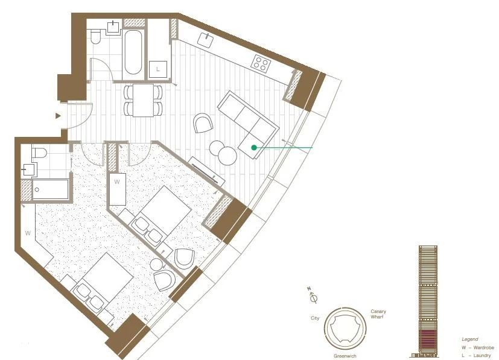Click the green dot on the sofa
tap(254, 147)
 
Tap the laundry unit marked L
tap(158, 69)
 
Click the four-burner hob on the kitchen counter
tap(261, 63)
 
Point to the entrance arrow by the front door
tap(58, 116)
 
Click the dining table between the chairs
tap(143, 100)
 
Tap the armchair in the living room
tap(203, 123)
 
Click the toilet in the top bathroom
tap(95, 37)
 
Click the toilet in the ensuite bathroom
tap(39, 153)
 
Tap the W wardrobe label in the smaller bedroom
tap(117, 182)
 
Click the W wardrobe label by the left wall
tap(28, 233)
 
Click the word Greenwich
tap(345, 356)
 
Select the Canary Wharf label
tap(378, 314)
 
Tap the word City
tap(315, 318)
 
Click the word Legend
tap(469, 339)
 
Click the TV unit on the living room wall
tap(207, 171)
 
